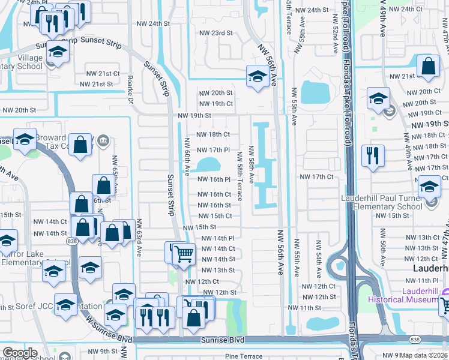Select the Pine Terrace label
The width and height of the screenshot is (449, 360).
coord(244,356)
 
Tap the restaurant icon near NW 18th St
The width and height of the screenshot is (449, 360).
coord(373,155)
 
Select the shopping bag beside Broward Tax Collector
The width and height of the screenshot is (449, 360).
coord(80,145)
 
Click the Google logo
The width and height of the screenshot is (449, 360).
coord(19,352)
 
